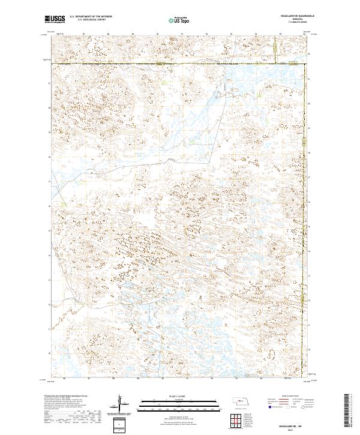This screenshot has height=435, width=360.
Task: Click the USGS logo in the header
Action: (55, 19)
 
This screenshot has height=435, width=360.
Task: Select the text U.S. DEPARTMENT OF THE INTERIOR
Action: (87, 16)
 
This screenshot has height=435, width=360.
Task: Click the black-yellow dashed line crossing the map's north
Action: (180, 63)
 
